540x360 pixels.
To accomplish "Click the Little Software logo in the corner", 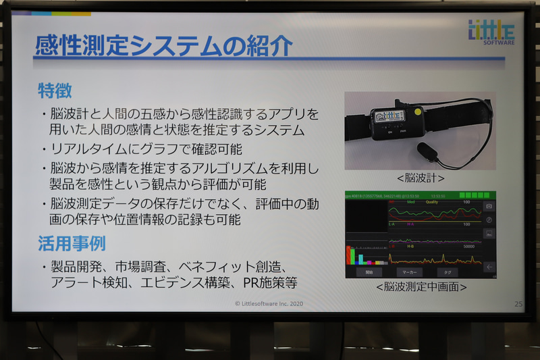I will [491, 32].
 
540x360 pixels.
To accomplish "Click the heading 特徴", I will [55, 89].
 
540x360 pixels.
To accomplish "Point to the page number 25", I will [518, 304].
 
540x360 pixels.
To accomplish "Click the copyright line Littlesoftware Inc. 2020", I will [269, 304].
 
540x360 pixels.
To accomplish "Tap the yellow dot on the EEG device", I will [418, 111].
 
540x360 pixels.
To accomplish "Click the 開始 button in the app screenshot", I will [369, 273].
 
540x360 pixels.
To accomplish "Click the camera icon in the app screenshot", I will [489, 205].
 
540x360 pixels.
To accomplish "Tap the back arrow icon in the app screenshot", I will [489, 266].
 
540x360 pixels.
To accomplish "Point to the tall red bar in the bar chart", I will [349, 255].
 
